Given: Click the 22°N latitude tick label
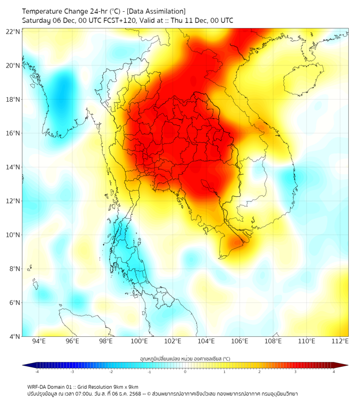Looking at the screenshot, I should pyautogui.click(x=13, y=31).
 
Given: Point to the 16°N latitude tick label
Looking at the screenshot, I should pyautogui.click(x=13, y=133).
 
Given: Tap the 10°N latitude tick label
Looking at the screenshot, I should pyautogui.click(x=13, y=235).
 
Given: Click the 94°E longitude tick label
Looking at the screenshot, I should pyautogui.click(x=39, y=342).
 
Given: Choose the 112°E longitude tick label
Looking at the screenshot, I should pyautogui.click(x=340, y=342).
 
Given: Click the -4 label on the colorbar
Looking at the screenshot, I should pyautogui.click(x=37, y=372).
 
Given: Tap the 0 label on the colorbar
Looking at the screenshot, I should pyautogui.click(x=185, y=372).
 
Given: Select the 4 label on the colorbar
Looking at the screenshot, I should pyautogui.click(x=334, y=372).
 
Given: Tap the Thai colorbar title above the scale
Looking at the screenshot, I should pyautogui.click(x=185, y=358).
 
